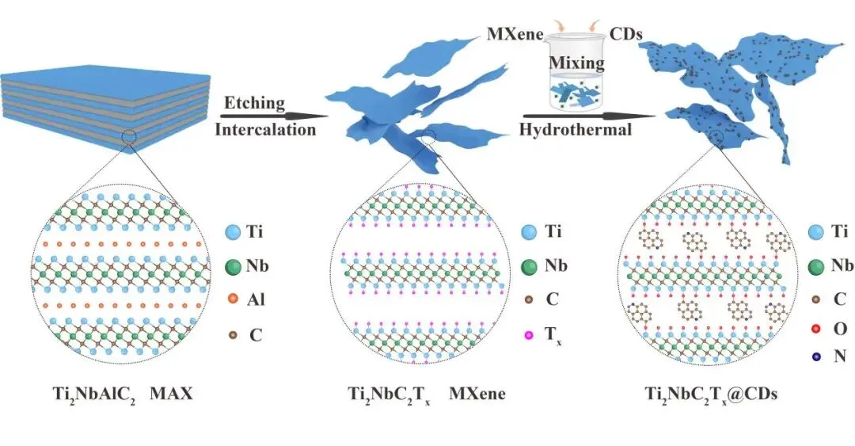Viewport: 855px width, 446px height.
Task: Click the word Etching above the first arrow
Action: coord(253,104)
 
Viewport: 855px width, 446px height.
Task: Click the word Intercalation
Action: coord(266,129)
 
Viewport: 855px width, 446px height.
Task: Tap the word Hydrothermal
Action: coord(576,130)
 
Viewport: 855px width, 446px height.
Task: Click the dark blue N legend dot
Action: coord(817,356)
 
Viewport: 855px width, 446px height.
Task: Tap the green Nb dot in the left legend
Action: coord(233,267)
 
